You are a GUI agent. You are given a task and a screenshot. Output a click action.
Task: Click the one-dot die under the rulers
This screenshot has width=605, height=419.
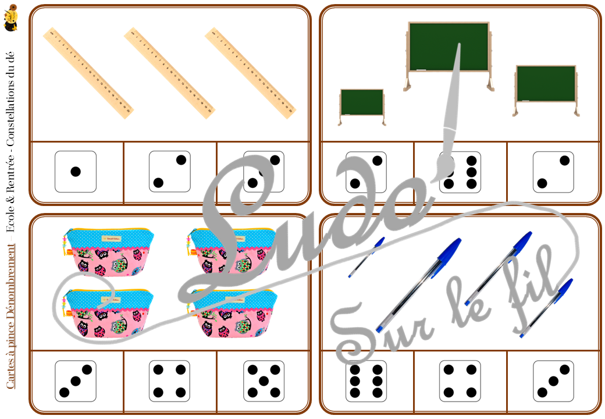point(76,172)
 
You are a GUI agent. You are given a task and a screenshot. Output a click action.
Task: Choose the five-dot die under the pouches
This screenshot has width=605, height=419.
point(264,381)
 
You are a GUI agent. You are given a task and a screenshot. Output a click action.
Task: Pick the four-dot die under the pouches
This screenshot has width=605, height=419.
point(170,381)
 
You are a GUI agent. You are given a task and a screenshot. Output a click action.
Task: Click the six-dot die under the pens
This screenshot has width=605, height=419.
point(366,381)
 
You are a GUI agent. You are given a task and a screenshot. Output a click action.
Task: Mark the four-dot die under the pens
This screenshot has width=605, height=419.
point(460,381)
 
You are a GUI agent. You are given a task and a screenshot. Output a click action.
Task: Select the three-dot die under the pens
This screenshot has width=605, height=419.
point(553,381)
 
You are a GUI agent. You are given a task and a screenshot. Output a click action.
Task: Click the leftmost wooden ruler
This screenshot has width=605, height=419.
point(88,73)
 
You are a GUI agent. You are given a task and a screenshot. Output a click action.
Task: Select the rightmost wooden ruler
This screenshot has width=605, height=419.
point(250,73)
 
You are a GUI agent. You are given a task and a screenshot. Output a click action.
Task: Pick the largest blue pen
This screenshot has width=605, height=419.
point(419,285)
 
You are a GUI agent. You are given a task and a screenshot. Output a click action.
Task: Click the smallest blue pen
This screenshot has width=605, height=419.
point(366,257)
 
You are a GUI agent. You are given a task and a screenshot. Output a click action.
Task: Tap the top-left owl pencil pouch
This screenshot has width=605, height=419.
point(108,252)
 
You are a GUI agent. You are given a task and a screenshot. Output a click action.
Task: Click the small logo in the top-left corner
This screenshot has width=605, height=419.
point(11,17)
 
